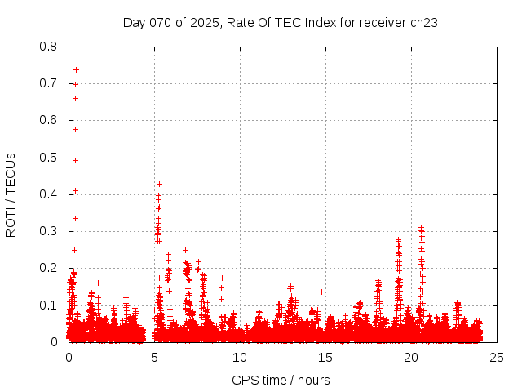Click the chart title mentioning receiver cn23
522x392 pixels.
pos(280,23)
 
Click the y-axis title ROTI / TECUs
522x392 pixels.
pos(11,194)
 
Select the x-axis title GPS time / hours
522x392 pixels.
pos(281,380)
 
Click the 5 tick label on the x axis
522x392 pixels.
pos(154,357)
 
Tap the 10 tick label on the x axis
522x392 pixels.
pos(239,357)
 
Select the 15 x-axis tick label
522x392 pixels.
pos(325,357)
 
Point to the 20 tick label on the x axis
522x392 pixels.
pos(410,357)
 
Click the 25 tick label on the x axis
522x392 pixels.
pos(496,357)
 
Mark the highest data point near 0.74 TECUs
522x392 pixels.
pos(76,69)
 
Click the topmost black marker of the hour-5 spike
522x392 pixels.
pos(159,184)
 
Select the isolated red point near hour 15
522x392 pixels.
pos(321,292)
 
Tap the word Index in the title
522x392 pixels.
pos(321,23)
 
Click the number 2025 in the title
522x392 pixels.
pos(202,23)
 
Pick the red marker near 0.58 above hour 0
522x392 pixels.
pos(75,129)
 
